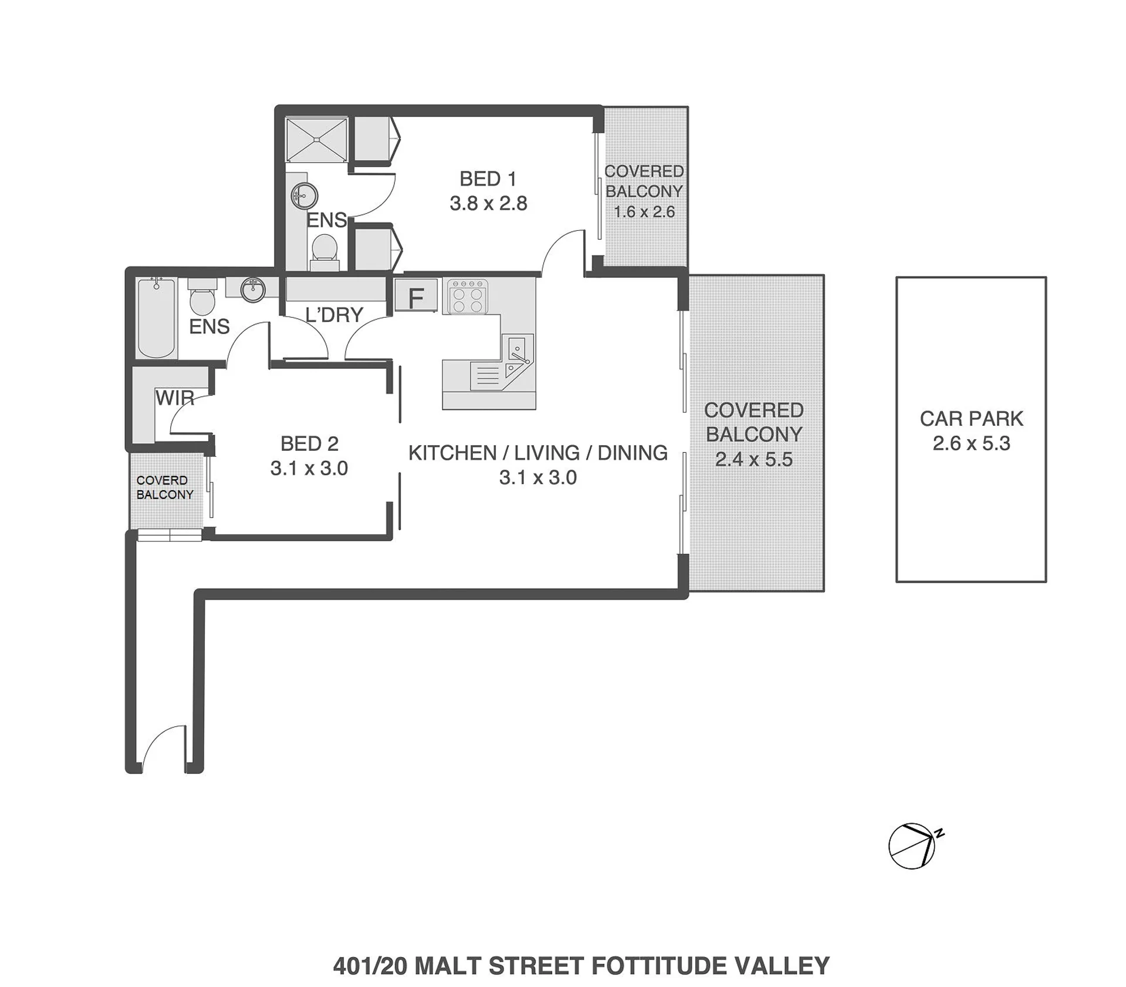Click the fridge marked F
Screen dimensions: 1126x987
416,295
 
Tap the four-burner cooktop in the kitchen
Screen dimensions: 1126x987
468,297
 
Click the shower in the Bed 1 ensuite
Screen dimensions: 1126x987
317,139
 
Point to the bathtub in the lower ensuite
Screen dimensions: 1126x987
157,318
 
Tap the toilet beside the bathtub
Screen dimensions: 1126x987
202,298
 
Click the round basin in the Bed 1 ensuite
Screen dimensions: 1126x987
305,195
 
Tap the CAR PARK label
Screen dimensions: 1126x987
971,419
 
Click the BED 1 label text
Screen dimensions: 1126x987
488,178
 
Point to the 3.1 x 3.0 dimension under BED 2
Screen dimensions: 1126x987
309,468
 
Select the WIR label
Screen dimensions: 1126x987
175,398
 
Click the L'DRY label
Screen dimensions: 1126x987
334,315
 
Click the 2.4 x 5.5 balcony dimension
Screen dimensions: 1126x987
754,459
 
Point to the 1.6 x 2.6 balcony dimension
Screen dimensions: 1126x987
644,211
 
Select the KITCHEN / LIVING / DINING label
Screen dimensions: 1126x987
538,453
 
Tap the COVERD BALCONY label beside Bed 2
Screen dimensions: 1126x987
164,487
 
